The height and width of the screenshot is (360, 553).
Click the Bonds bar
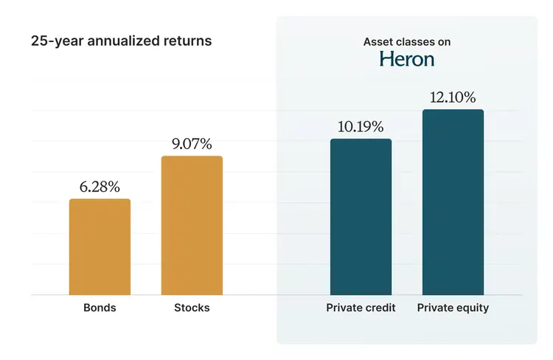click(100, 247)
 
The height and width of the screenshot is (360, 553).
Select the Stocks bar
click(192, 225)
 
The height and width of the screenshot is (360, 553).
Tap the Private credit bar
click(361, 217)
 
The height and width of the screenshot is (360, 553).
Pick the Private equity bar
click(453, 202)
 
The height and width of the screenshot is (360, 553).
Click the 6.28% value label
click(100, 187)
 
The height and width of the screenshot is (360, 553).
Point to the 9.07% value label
click(192, 144)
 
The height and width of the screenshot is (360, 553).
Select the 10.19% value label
click(361, 126)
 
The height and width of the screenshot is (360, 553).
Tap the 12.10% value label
click(453, 97)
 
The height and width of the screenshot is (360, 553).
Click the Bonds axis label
click(100, 308)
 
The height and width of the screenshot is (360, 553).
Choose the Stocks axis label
click(192, 308)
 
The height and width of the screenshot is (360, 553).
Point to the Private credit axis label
click(361, 308)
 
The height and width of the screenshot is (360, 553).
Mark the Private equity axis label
click(453, 308)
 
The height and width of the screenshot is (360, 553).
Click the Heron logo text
click(407, 59)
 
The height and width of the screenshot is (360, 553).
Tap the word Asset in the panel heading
click(378, 42)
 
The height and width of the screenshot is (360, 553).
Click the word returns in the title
click(187, 41)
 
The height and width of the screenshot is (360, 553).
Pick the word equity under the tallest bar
click(472, 308)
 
